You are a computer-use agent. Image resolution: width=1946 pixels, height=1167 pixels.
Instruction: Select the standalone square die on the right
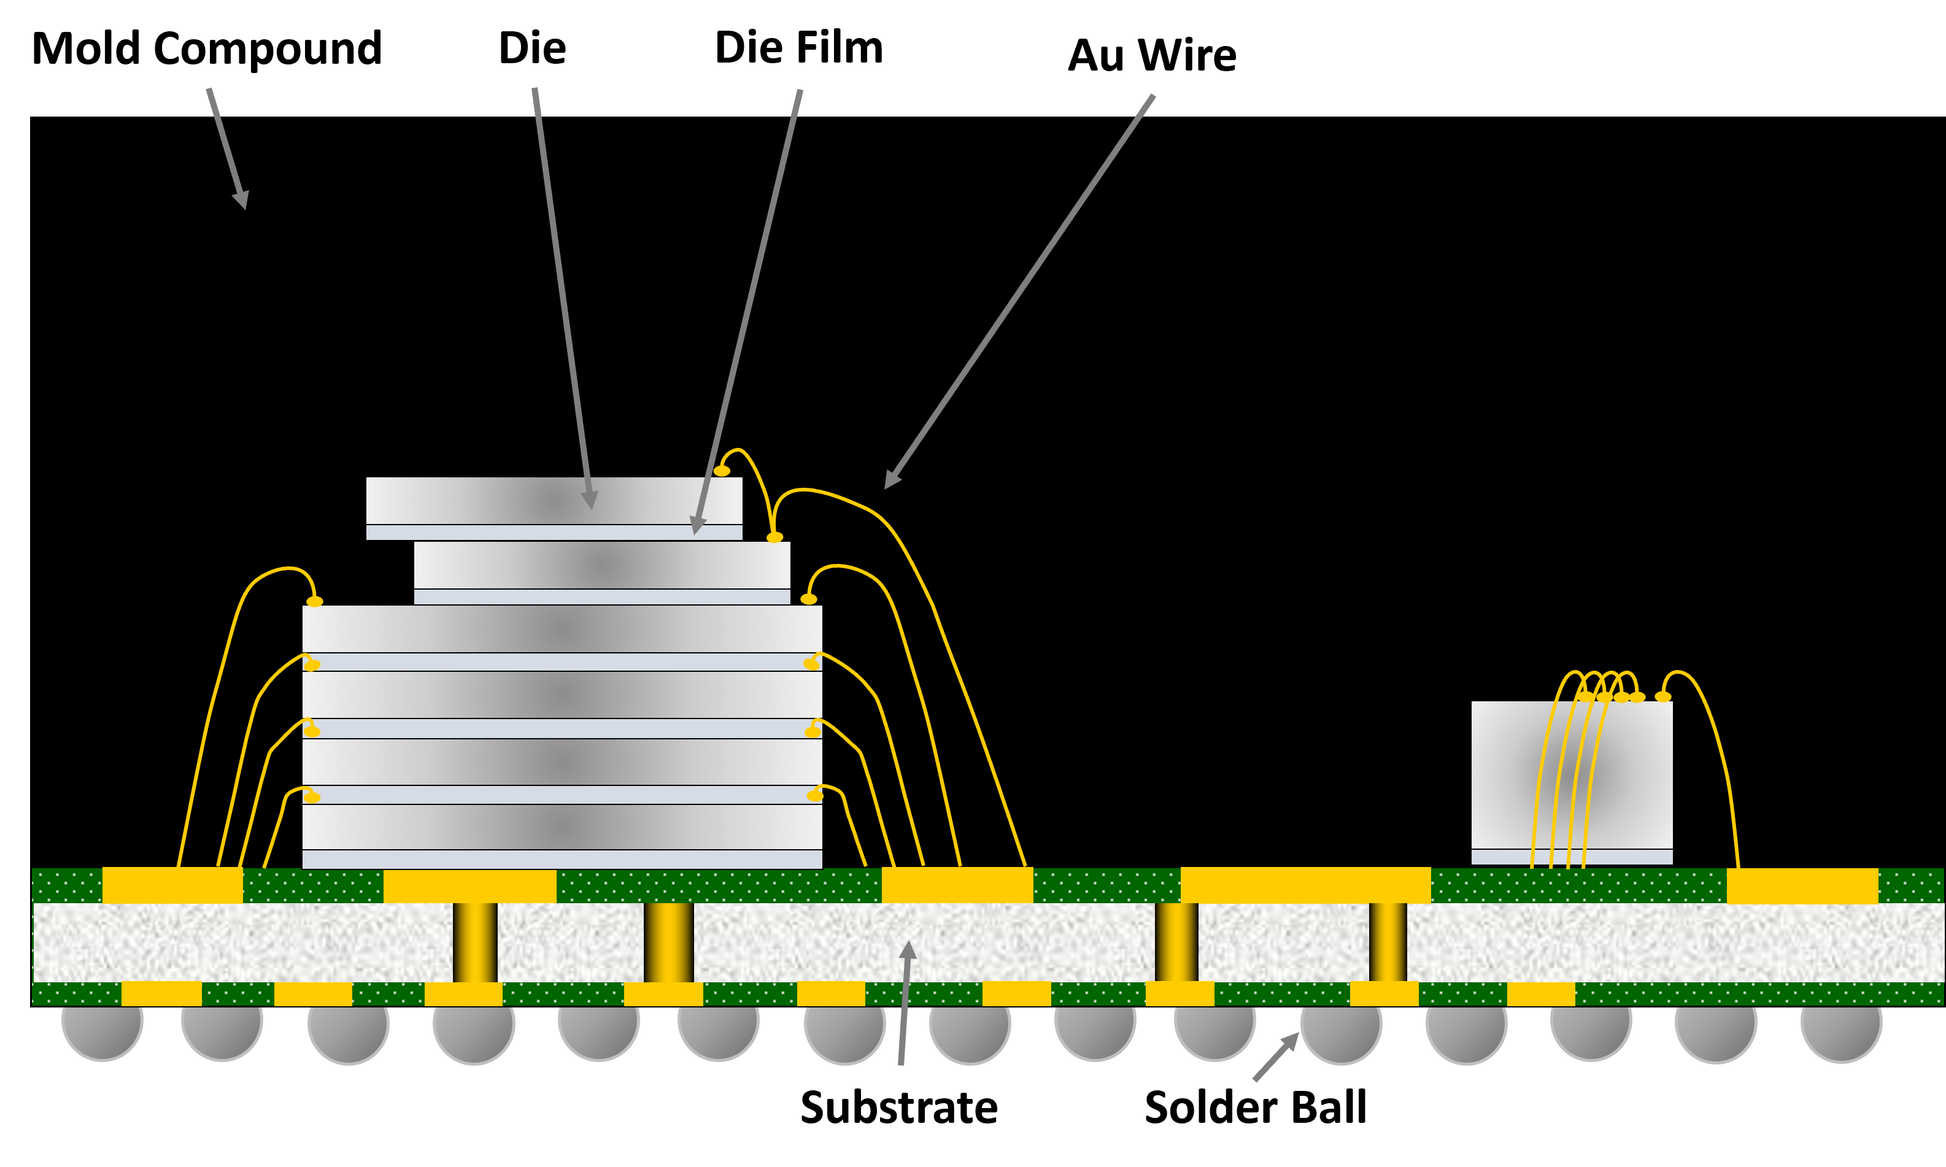click(x=1572, y=774)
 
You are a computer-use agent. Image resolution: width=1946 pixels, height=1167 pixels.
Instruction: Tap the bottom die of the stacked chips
click(x=562, y=826)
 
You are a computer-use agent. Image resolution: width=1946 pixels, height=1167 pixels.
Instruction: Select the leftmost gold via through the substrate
click(x=475, y=942)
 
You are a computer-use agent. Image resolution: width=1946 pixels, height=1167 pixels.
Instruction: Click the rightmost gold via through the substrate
click(x=1388, y=942)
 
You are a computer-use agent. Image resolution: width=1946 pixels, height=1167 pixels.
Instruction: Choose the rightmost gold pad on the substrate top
click(x=1802, y=885)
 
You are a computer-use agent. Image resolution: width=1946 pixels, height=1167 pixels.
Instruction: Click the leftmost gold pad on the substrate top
click(x=172, y=885)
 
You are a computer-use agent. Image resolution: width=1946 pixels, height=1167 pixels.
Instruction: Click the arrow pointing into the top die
click(x=562, y=299)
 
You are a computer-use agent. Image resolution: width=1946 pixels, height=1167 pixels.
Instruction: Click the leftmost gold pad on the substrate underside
click(x=161, y=993)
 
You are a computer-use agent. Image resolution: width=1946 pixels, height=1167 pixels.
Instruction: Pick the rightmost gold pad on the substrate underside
click(x=1541, y=994)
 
